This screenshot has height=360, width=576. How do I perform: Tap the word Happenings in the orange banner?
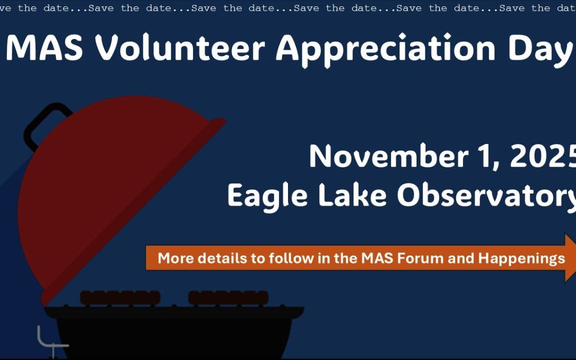click(521, 259)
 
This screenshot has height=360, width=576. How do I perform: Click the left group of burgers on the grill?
click(119, 297)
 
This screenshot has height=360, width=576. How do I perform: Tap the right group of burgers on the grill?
click(228, 297)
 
